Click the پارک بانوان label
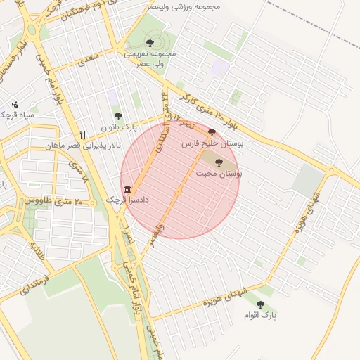(x=117, y=127)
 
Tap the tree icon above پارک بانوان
(x=117, y=116)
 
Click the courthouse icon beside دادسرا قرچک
(x=127, y=189)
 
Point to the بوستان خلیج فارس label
(x=212, y=143)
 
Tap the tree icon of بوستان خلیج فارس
(x=212, y=132)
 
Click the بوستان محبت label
(x=219, y=172)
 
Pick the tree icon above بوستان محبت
(x=219, y=162)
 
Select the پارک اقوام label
(x=261, y=316)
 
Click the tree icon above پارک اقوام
(x=261, y=304)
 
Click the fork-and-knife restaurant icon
(x=83, y=134)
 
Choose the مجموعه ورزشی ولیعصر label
(x=184, y=6)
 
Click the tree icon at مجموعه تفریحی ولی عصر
(x=150, y=43)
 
